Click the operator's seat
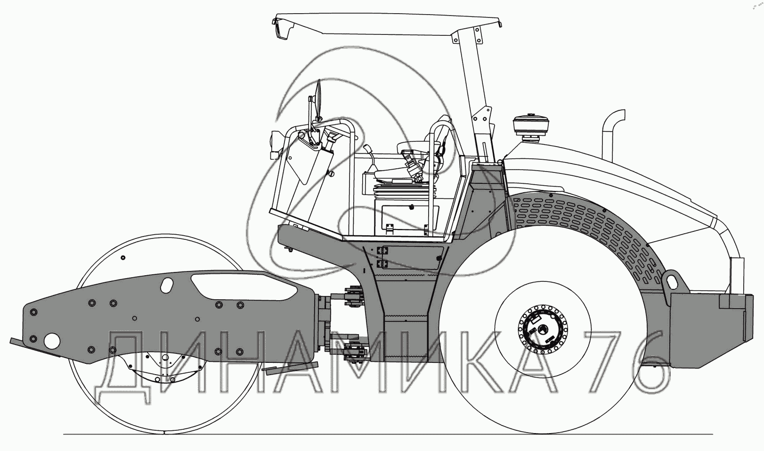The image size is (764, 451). [x=415, y=156]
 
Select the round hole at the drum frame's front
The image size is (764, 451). [x=51, y=340]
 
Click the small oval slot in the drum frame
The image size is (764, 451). [x=167, y=285]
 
